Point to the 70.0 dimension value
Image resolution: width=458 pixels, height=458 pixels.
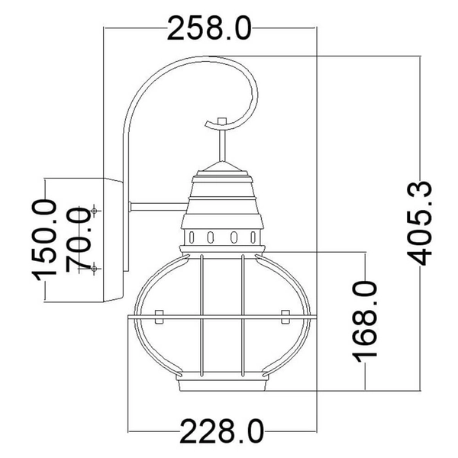[x=78, y=238]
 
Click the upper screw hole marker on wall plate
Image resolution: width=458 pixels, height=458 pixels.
[x=94, y=209]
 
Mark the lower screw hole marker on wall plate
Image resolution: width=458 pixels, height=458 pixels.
[x=94, y=266]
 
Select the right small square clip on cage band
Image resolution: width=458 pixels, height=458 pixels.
[x=285, y=314]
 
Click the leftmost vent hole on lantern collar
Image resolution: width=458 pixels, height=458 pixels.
[x=194, y=235]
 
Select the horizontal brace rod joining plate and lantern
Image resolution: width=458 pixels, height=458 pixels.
[x=156, y=204]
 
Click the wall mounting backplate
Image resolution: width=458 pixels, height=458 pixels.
[x=114, y=238]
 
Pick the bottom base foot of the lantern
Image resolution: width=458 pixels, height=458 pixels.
[x=222, y=385]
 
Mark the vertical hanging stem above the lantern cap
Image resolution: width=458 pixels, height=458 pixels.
[x=221, y=145]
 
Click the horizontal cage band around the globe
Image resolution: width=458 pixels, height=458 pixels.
[x=222, y=314]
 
